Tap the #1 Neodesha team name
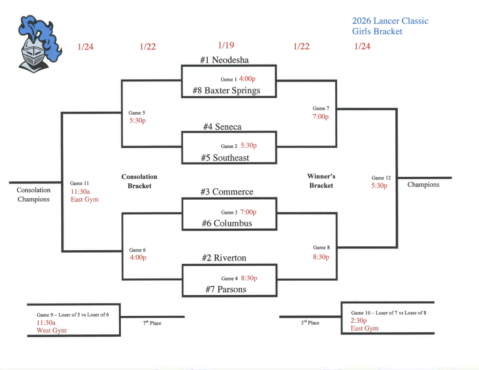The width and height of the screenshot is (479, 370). point(224,60)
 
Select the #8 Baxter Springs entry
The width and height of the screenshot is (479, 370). point(226,90)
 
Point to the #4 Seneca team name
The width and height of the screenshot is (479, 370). point(222,127)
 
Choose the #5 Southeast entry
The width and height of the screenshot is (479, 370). point(225,158)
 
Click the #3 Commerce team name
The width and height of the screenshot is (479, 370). point(227,192)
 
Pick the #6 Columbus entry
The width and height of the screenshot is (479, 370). point(227,223)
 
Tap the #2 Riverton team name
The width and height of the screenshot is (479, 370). point(224,258)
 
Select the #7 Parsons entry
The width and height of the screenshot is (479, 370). point(225,290)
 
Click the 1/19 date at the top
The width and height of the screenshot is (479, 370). point(226,45)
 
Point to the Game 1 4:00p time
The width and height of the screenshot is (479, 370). point(247,79)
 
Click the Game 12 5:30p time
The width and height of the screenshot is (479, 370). point(379,186)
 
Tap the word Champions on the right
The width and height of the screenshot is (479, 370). point(423,185)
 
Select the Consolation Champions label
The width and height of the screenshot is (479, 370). point(33,195)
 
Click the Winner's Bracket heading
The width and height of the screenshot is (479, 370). point(321,181)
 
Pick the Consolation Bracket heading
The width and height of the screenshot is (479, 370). point(139,181)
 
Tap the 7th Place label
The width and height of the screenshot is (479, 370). point(152,323)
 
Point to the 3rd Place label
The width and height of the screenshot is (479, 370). point(310,323)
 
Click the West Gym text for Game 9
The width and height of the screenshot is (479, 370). point(51,331)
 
